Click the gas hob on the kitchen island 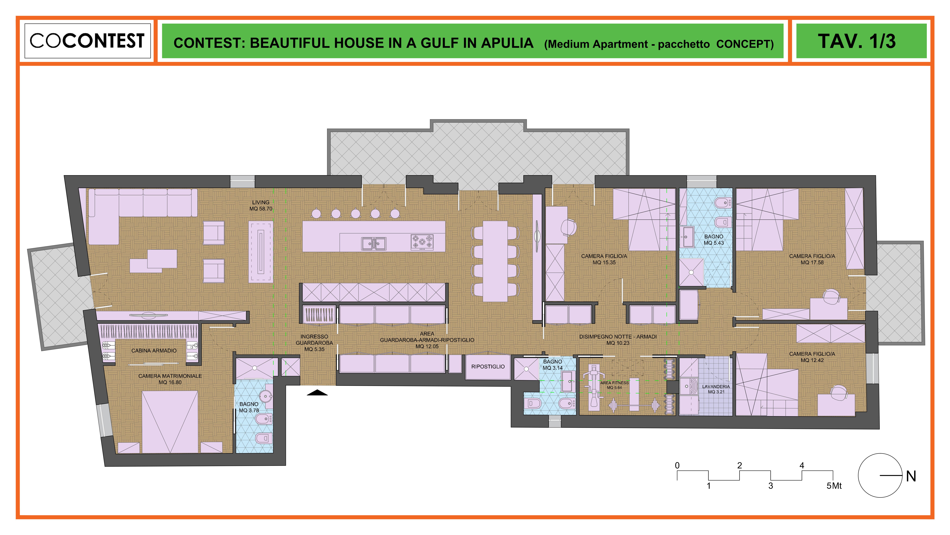(422, 242)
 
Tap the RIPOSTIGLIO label (488, 367)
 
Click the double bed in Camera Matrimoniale (170, 422)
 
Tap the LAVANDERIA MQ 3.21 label (716, 389)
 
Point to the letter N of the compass (911, 476)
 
